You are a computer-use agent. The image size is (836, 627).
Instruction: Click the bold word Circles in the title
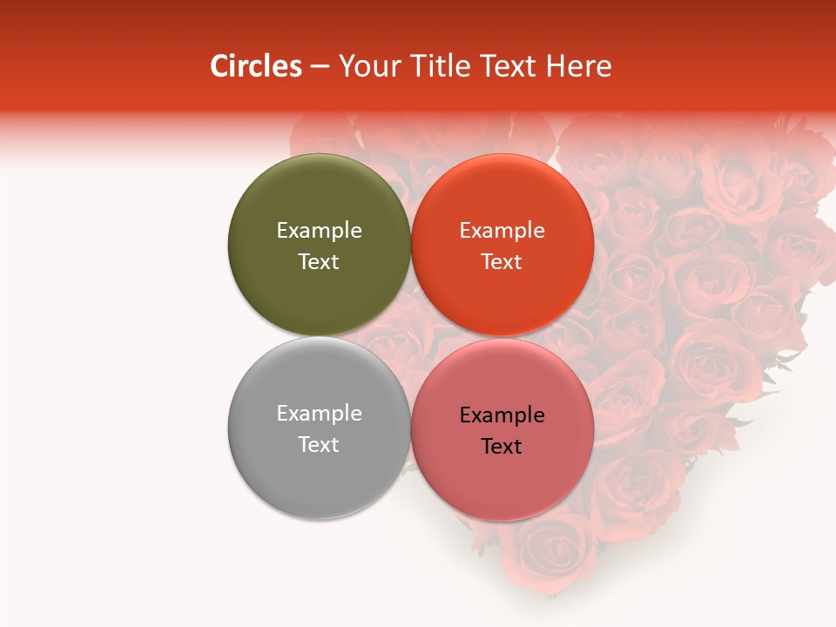pyautogui.click(x=256, y=66)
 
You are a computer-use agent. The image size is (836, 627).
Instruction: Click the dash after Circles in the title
pyautogui.click(x=320, y=67)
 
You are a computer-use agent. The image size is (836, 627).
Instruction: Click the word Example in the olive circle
pyautogui.click(x=319, y=230)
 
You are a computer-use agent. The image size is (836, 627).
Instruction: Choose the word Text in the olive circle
pyautogui.click(x=319, y=261)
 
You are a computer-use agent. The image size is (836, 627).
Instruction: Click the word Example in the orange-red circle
pyautogui.click(x=502, y=230)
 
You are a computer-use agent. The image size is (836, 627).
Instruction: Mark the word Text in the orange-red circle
pyautogui.click(x=502, y=261)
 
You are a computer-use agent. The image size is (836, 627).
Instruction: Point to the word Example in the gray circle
pyautogui.click(x=319, y=413)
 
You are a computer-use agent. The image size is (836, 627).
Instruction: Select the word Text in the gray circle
pyautogui.click(x=319, y=444)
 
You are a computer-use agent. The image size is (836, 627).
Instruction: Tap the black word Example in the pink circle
pyautogui.click(x=502, y=415)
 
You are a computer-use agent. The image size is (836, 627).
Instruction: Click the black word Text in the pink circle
pyautogui.click(x=502, y=446)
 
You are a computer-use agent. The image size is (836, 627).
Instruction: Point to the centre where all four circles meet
pyautogui.click(x=410, y=336)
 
